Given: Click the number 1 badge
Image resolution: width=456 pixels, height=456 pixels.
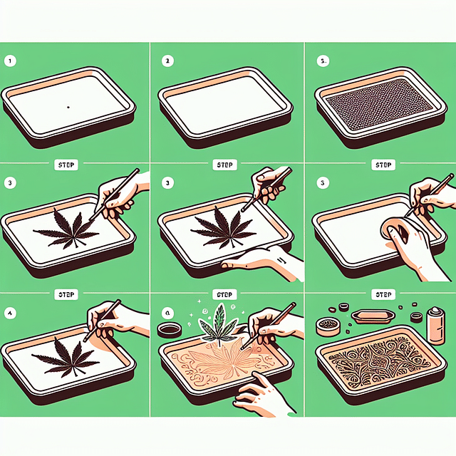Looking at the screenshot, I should [x=11, y=61].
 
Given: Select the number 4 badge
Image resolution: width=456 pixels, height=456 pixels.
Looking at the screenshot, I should [x=11, y=311].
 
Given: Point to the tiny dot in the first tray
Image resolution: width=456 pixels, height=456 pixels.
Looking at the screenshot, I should [x=67, y=107].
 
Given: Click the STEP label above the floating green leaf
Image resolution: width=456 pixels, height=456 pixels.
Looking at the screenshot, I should [x=226, y=293].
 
